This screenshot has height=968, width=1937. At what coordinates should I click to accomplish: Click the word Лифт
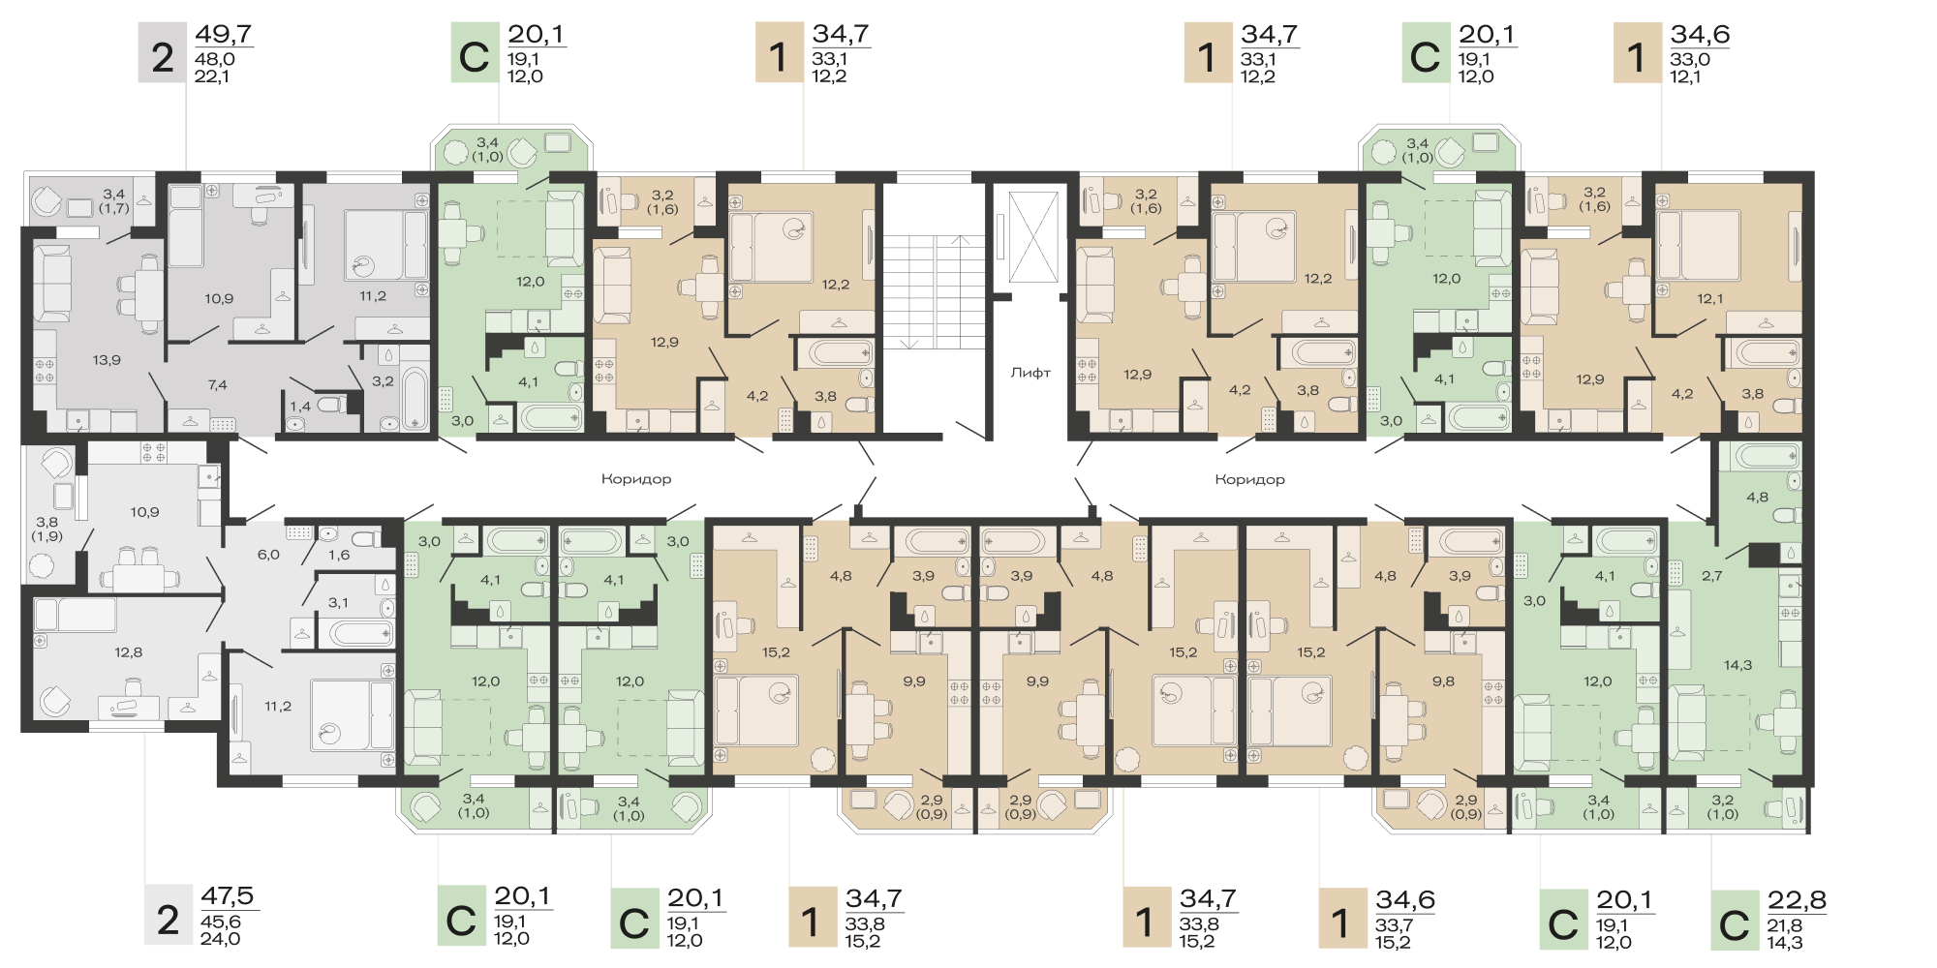coord(1030,373)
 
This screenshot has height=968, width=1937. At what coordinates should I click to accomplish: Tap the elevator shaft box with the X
coord(1033,237)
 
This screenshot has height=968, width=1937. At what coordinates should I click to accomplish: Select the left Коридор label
coord(636,479)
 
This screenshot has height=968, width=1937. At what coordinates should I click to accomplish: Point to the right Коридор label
coord(1250,479)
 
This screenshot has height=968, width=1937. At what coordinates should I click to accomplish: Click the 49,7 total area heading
coord(224,34)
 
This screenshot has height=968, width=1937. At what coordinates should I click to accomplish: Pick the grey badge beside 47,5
coord(168,916)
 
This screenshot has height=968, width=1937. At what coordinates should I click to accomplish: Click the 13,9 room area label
coord(107,360)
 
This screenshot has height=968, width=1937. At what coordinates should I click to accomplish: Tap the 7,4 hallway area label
coord(217,385)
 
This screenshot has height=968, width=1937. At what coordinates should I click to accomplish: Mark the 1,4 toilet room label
coord(300,407)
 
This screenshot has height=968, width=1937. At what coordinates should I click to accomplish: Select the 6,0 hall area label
coord(268,555)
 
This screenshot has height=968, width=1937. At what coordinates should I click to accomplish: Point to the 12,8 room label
coord(128,652)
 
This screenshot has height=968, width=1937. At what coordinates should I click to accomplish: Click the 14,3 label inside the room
coord(1737,665)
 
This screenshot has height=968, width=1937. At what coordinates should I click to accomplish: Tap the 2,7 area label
coord(1712,576)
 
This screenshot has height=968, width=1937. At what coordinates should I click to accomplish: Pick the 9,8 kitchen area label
coord(1443,681)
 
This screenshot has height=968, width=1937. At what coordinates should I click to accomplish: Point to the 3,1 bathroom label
coord(338,603)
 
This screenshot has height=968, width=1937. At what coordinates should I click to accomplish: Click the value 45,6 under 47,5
coord(221,923)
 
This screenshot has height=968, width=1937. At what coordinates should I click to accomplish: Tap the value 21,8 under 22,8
coord(1785,926)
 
